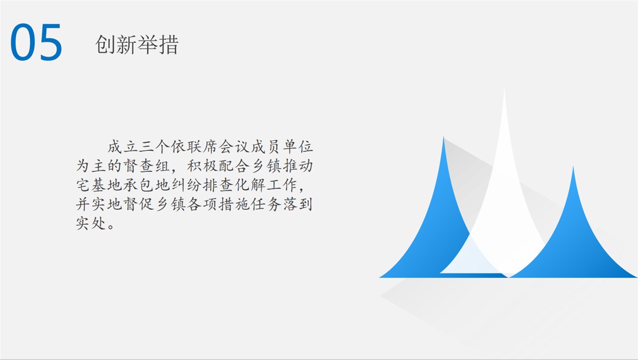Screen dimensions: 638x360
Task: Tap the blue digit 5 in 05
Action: coord(51,42)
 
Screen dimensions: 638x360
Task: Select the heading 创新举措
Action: coord(137,45)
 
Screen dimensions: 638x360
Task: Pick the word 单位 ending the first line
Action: coord(298,147)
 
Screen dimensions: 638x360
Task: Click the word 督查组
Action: coord(147,166)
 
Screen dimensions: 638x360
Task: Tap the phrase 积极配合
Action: coord(218,166)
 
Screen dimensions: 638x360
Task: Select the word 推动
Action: coord(298,166)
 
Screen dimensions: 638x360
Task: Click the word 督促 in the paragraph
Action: coord(139,204)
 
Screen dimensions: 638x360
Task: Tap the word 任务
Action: coord(266,204)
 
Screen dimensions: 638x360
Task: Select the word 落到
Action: coord(298,204)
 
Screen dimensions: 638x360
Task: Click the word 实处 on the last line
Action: coord(91,223)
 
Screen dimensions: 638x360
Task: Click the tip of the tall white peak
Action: coord(504,88)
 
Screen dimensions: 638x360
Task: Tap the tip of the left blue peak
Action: coord(444,137)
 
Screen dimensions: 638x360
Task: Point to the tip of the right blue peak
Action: coord(573,167)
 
